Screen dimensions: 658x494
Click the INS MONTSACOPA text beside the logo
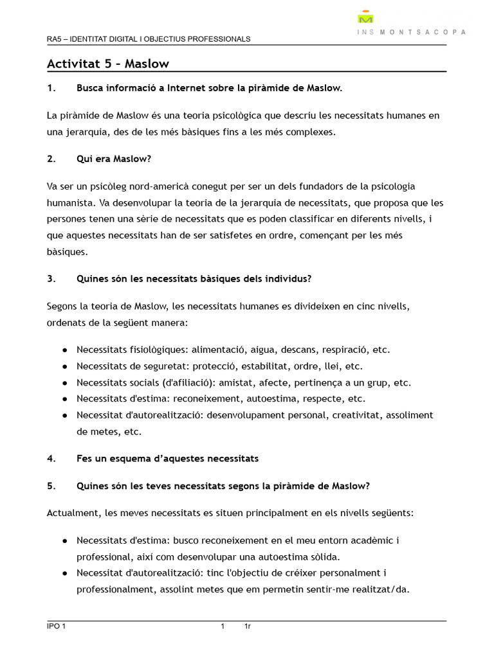412,31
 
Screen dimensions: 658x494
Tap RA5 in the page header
55,39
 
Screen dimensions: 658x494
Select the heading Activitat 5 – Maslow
108,63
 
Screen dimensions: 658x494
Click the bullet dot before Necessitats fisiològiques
65,350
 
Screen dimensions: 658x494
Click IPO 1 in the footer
56,627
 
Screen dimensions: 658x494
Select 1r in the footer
247,627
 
